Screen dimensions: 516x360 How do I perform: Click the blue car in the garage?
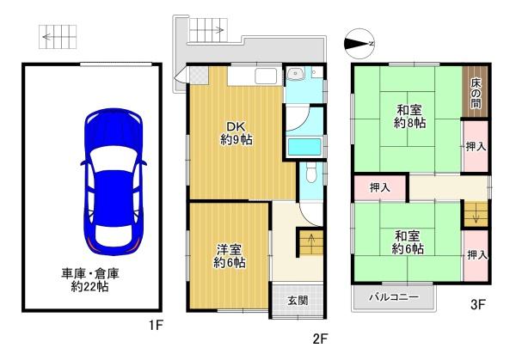tap(114, 182)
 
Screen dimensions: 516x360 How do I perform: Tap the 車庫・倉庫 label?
tap(90, 273)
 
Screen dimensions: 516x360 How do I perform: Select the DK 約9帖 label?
tap(236, 133)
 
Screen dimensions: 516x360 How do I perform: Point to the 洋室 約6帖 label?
tap(229, 256)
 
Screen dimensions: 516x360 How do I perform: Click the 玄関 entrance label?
tap(298, 300)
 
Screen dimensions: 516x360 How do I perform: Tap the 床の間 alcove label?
tap(476, 94)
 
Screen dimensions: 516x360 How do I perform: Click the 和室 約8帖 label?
tap(409, 116)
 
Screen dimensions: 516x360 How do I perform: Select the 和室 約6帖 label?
tap(408, 242)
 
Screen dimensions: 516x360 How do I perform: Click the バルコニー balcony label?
tap(394, 297)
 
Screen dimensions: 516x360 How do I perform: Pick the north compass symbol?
tap(359, 44)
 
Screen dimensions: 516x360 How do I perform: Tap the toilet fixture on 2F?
tap(310, 174)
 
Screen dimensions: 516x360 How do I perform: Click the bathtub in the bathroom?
tap(304, 147)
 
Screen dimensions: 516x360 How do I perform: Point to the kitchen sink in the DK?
tap(265, 76)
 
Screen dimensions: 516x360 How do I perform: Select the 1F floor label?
tap(156, 326)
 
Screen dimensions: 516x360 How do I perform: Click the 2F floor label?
tap(320, 339)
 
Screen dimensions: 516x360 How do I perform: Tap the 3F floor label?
tap(478, 305)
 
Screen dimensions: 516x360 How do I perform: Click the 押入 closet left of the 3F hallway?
tap(380, 187)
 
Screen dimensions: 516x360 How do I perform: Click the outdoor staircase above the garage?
tap(58, 37)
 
